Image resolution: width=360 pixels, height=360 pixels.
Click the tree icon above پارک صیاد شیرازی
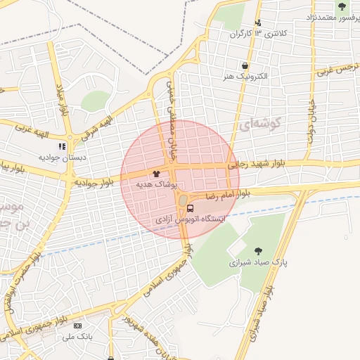(258, 250)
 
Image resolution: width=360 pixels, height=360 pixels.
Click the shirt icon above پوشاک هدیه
(155, 173)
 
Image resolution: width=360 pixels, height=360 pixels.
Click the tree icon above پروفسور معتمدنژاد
(342, 7)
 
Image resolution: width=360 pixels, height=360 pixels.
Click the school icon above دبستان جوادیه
(62, 146)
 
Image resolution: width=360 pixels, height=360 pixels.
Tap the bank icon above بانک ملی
(77, 326)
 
